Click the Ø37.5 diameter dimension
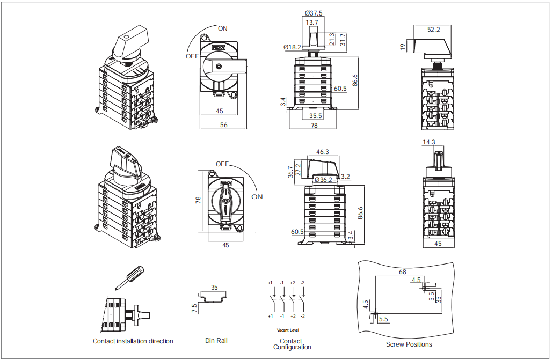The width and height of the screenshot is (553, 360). [314, 13]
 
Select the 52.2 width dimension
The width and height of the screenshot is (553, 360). [433, 30]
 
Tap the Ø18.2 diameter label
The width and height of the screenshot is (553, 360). [293, 47]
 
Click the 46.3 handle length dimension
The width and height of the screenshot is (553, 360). [323, 152]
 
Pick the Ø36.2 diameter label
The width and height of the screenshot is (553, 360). [324, 180]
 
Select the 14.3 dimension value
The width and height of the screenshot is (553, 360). [429, 142]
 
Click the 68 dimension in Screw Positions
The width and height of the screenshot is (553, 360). [403, 271]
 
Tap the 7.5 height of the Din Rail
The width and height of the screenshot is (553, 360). [194, 308]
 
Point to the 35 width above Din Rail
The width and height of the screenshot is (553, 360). [214, 288]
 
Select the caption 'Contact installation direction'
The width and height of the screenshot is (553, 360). [133, 341]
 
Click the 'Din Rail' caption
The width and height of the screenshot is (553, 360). [216, 341]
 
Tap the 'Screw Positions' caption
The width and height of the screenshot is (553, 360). [409, 344]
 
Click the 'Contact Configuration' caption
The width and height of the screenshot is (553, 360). [292, 344]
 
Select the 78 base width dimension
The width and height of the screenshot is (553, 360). [314, 125]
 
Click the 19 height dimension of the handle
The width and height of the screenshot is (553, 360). [403, 47]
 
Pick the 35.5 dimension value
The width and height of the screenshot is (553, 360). [316, 115]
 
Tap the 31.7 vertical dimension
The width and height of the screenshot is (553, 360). [343, 39]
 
